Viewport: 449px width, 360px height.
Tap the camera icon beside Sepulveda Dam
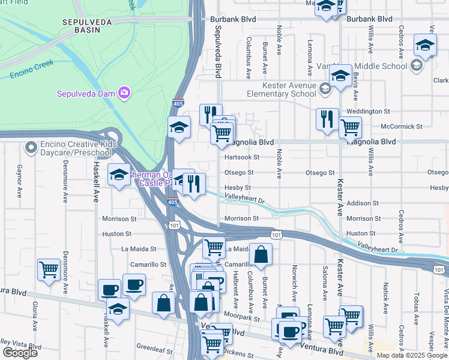click(124, 92)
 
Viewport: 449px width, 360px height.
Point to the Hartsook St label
click(241, 157)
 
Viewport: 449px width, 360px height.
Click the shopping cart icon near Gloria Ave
click(49, 269)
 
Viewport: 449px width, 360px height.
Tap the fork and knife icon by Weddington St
click(327, 118)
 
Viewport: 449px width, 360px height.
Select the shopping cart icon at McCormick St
click(350, 127)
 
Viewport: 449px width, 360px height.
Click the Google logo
click(20, 353)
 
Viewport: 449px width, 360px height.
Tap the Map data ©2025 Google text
click(411, 355)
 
